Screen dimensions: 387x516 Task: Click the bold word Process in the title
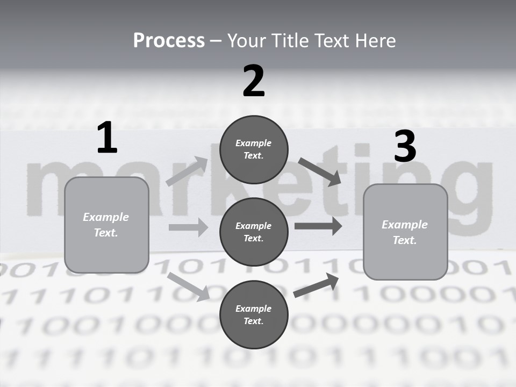coord(169,41)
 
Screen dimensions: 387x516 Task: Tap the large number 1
coord(107,138)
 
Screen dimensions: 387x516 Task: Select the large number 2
coord(254,81)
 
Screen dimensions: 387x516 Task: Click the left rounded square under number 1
coord(106,225)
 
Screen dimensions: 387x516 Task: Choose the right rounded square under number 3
coord(405,232)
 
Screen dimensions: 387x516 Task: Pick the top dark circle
coord(254,149)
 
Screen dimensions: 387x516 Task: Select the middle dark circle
coord(254,232)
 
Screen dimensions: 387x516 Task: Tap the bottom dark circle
coord(254,314)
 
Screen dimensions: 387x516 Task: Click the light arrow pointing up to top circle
coord(187,171)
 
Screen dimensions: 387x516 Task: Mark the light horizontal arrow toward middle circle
coord(188,227)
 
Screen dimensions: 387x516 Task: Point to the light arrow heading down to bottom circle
coord(188,286)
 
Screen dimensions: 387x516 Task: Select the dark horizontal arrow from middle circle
coord(318,226)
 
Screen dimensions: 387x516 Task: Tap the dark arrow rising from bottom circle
coord(316,285)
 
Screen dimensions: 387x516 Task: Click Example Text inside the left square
coord(106,225)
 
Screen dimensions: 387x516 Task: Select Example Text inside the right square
coord(405,232)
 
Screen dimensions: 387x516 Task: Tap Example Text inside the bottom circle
coord(253,315)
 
